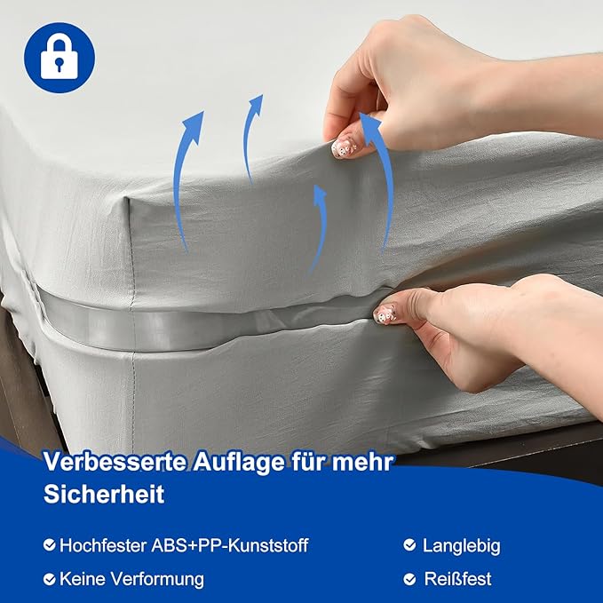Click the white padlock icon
[x=60, y=57]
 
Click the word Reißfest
[x=458, y=579]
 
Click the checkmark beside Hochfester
[x=50, y=544]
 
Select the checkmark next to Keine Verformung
[x=50, y=579]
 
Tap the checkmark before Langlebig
[x=409, y=544]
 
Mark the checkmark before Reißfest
[x=409, y=579]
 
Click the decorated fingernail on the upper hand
[x=345, y=146]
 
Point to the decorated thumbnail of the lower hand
[x=385, y=313]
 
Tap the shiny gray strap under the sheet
[x=178, y=314]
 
